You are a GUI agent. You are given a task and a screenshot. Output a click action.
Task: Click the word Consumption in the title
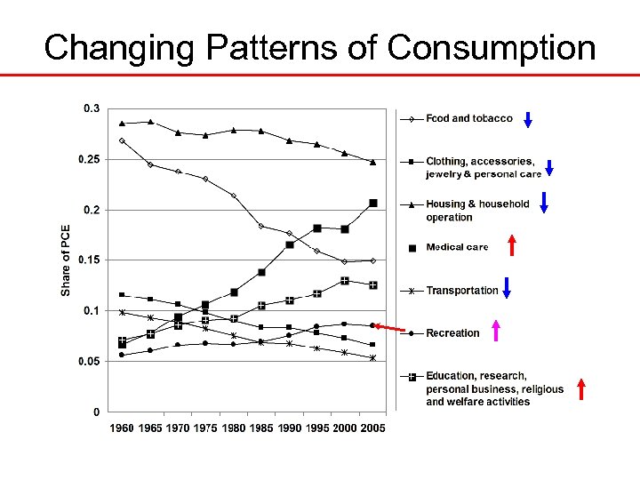pos(492,47)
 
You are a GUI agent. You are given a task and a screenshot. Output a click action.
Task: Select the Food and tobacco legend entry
pos(468,118)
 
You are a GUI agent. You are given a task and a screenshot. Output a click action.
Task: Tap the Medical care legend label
pos(457,247)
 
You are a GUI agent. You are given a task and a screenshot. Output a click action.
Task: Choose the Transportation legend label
pos(461,291)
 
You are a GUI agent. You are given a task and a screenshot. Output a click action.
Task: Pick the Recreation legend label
pos(452,333)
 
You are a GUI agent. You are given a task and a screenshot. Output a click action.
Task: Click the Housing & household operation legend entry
pos(477,210)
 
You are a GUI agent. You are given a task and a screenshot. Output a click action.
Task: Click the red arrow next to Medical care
pos(511,244)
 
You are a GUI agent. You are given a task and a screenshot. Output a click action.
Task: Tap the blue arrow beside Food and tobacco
pos(528,118)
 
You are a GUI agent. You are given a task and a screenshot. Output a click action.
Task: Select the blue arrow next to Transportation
pos(506,288)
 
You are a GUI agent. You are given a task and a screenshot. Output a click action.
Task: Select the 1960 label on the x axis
pos(122,428)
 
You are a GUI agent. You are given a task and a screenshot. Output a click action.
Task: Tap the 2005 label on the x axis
pos(372,428)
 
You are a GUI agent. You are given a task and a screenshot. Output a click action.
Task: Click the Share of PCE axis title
pos(66,259)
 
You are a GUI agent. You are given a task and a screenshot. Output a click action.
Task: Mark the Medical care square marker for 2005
pos(373,204)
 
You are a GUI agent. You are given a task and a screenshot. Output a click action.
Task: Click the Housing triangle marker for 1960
pos(122,123)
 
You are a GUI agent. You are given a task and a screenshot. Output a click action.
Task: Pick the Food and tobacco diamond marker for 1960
pos(122,140)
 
